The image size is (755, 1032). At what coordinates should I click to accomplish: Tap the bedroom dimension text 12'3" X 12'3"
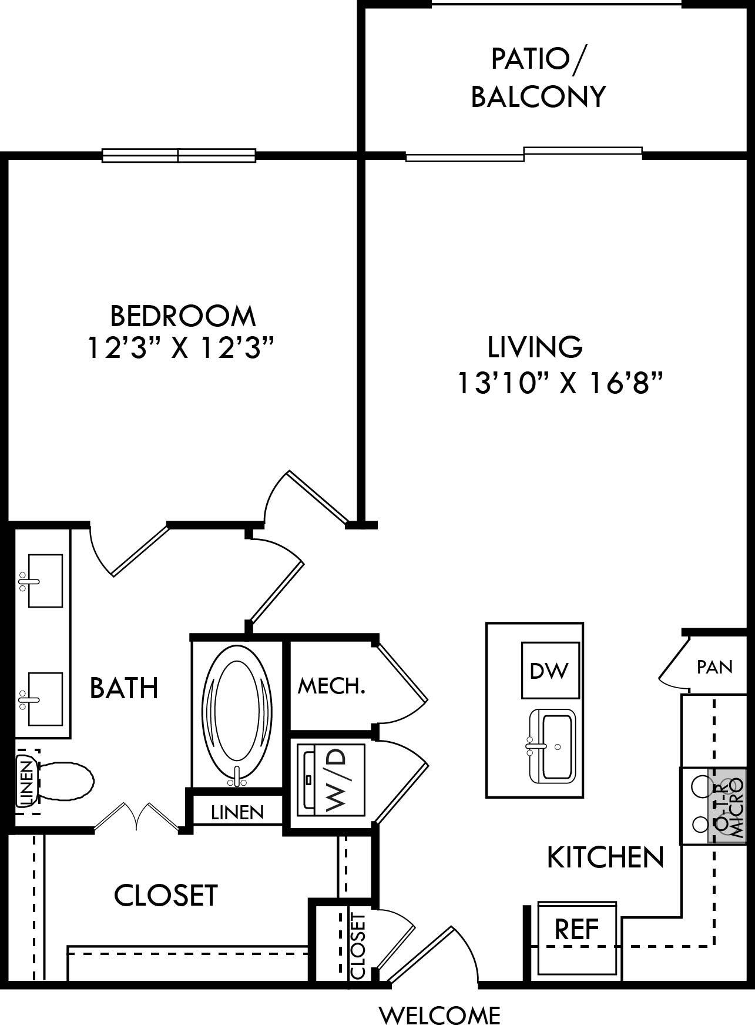[x=182, y=348]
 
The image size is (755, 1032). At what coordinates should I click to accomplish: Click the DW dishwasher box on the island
[x=551, y=670]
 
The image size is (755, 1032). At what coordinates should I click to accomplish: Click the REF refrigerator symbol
[x=577, y=930]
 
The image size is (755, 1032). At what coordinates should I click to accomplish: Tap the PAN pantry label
[x=714, y=667]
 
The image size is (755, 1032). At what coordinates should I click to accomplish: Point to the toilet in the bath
[x=65, y=780]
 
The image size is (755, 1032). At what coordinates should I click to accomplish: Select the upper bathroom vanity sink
[x=45, y=581]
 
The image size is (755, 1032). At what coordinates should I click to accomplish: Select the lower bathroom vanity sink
[x=45, y=699]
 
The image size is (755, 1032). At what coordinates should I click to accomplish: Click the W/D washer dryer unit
[x=331, y=780]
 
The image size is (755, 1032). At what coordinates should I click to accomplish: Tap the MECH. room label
[x=331, y=686]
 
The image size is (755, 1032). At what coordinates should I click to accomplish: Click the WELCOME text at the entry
[x=439, y=1015]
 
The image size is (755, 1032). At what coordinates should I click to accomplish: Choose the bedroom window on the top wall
[x=179, y=155]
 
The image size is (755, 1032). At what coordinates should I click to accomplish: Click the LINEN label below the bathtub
[x=237, y=812]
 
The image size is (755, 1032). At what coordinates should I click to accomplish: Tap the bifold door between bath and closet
[x=137, y=817]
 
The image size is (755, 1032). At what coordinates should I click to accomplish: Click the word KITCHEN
[x=605, y=858]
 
